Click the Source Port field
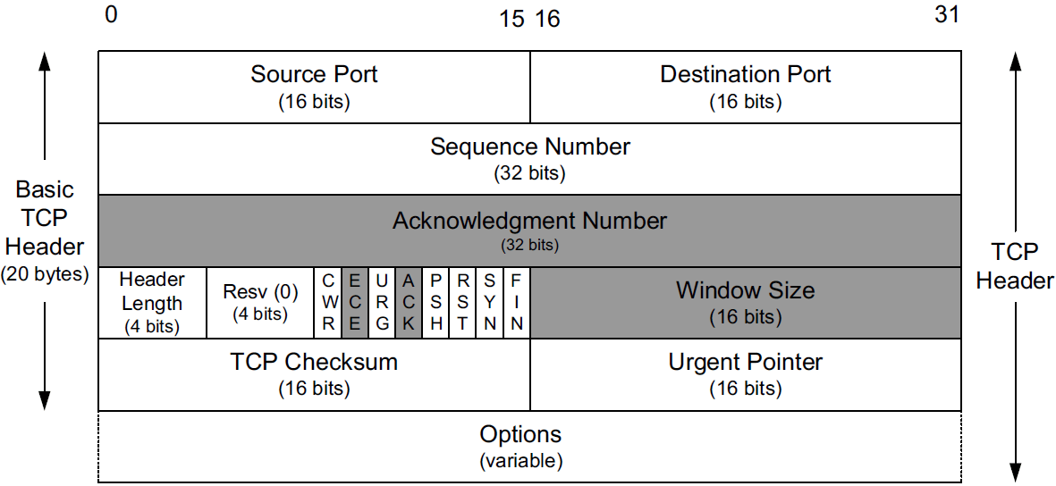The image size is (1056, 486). [314, 87]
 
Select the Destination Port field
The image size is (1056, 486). [746, 87]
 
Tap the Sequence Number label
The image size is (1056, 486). [530, 147]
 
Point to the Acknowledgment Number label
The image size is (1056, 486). [530, 220]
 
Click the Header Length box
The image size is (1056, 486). [151, 303]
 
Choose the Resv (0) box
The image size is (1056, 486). [259, 303]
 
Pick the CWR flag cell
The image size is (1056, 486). [328, 303]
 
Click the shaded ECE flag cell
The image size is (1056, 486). [354, 303]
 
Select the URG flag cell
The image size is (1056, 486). [382, 303]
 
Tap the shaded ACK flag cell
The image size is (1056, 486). [409, 303]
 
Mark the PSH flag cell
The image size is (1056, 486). [435, 303]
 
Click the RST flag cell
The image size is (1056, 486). [462, 303]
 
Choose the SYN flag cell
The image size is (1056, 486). [490, 303]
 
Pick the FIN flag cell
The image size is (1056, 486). [517, 303]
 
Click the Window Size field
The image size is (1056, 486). [746, 303]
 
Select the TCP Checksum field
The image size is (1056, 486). [314, 374]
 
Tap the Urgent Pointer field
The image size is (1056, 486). [746, 374]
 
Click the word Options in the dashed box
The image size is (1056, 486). [521, 435]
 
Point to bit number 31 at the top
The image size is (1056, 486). [947, 15]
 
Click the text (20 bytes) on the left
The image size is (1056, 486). [46, 274]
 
